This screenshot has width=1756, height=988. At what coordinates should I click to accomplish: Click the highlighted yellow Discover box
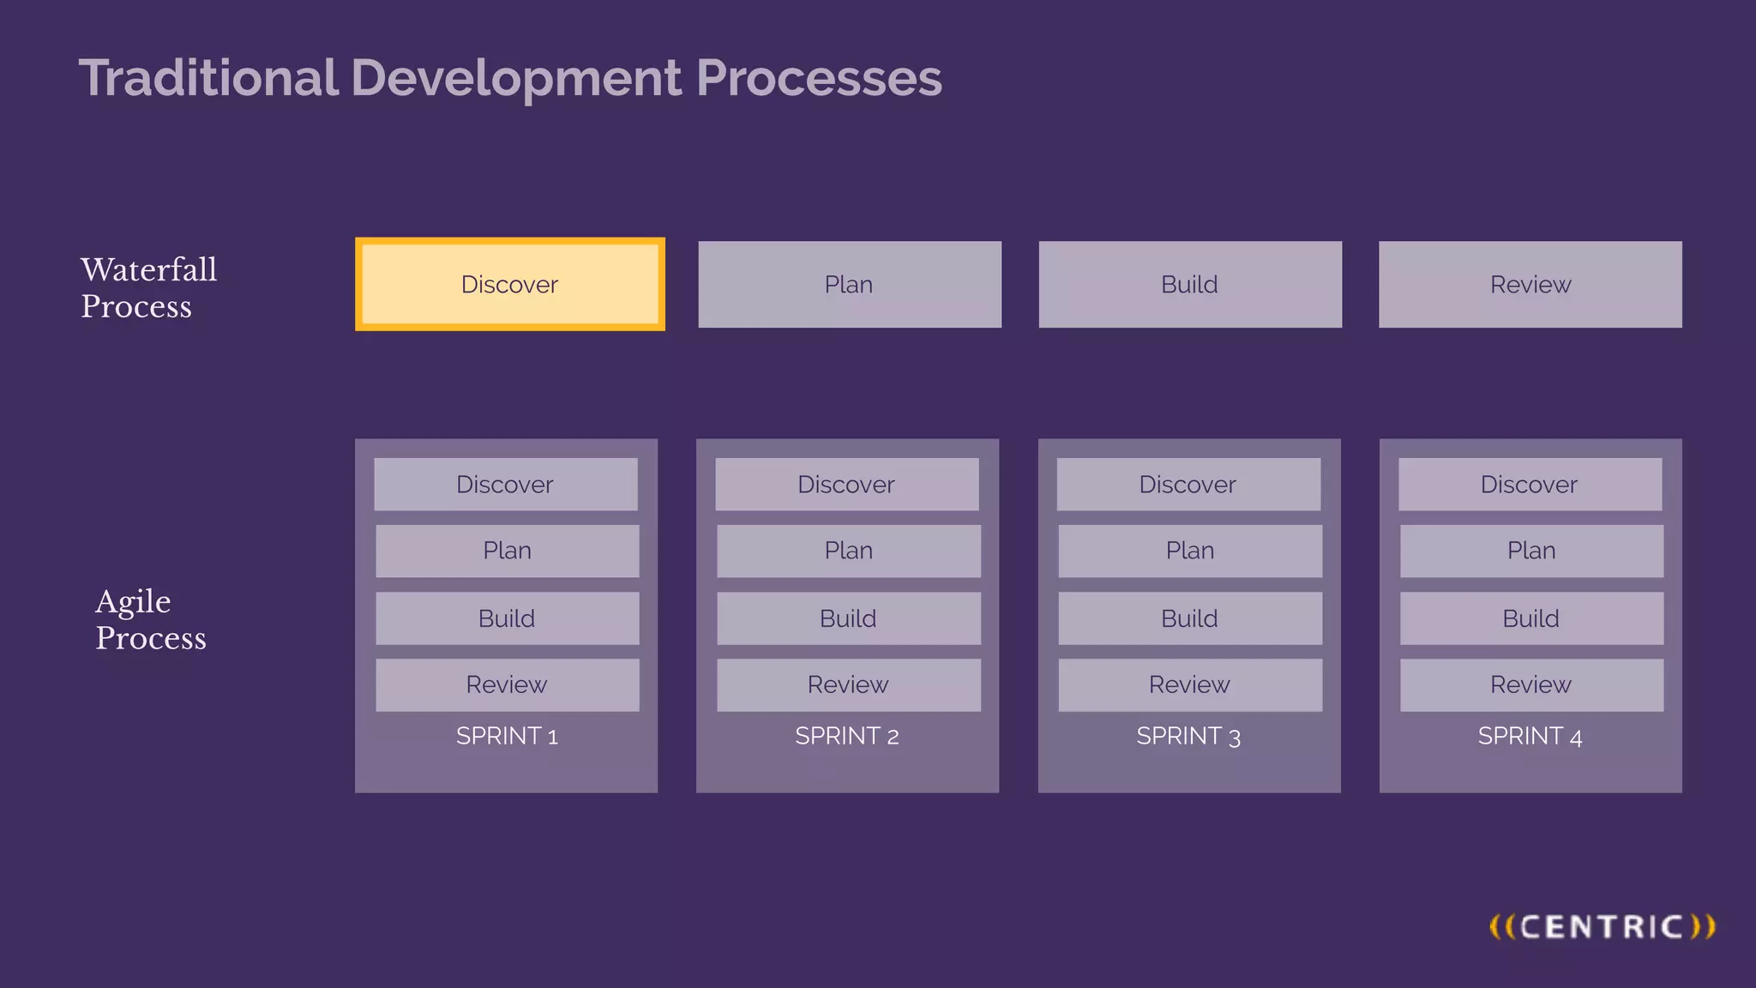[x=509, y=284]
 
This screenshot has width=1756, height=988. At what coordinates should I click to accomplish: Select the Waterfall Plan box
[x=849, y=284]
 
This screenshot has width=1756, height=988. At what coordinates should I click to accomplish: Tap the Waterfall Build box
[x=1189, y=284]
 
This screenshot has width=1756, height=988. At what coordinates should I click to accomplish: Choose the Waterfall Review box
[x=1530, y=284]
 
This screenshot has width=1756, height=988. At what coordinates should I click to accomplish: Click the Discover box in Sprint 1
[x=505, y=484]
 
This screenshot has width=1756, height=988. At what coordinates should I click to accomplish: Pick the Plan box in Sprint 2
[x=848, y=551]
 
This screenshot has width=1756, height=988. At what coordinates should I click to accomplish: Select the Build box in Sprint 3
[x=1189, y=618]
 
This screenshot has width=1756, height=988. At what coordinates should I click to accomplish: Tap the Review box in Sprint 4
[x=1530, y=684]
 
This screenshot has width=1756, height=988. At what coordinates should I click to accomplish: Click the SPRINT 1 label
[x=507, y=736]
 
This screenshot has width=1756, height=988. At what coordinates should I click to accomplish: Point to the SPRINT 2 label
[x=846, y=736]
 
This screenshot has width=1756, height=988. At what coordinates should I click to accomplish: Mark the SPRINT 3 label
[x=1188, y=736]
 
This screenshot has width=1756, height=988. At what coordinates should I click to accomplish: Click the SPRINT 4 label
[x=1530, y=736]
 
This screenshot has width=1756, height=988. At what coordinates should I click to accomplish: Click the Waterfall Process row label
[x=148, y=287]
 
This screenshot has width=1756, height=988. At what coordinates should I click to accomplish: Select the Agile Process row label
[x=150, y=619]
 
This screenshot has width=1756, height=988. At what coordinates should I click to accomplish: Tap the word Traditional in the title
[x=208, y=78]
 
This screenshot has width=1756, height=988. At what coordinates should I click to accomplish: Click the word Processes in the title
[x=819, y=78]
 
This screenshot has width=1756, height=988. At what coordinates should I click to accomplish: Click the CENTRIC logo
[x=1602, y=926]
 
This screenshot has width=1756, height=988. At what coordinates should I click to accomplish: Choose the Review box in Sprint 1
[x=507, y=684]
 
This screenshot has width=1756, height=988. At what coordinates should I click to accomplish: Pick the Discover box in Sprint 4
[x=1529, y=484]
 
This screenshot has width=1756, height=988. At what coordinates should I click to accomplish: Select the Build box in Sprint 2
[x=848, y=618]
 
